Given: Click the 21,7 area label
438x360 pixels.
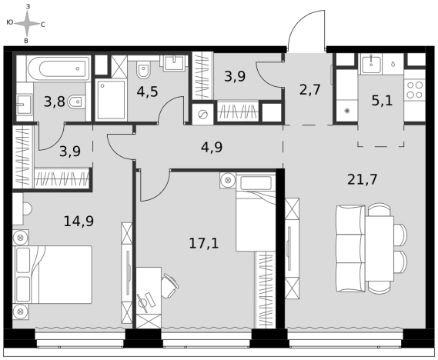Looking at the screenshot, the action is (x=363, y=179).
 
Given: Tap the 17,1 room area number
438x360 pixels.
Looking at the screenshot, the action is (x=204, y=243).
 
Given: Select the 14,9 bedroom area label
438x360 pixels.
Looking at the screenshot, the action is (x=79, y=222).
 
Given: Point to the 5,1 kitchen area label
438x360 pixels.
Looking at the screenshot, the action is (x=382, y=101).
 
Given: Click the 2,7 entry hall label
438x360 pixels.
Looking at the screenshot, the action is (x=309, y=90).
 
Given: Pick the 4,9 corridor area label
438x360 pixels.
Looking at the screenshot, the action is (x=212, y=147).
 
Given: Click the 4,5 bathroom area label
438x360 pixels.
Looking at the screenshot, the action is (x=147, y=92).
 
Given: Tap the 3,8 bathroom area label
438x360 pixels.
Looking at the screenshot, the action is (x=55, y=102).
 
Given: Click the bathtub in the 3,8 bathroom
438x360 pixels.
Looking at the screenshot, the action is (x=59, y=68).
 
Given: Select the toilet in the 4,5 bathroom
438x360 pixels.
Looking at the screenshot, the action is (x=143, y=69).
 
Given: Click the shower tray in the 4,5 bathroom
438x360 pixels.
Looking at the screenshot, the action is (x=111, y=100).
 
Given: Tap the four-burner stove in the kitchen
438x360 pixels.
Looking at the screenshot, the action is (x=415, y=90).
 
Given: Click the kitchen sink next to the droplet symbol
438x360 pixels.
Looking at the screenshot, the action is (x=372, y=65).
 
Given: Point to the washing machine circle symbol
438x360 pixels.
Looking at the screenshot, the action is (x=202, y=114).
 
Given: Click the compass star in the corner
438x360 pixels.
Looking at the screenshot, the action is (x=27, y=24).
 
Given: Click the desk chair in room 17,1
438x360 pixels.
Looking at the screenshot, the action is (x=169, y=285).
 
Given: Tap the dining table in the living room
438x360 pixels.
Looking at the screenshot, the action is (x=379, y=248).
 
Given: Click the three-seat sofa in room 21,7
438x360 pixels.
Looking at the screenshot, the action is (x=350, y=248).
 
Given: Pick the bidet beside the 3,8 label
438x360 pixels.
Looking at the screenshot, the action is (x=76, y=102).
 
